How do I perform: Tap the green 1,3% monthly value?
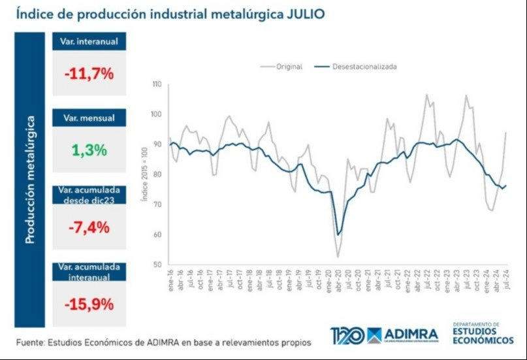[x=89, y=150]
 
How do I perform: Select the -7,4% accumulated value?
[x=89, y=227]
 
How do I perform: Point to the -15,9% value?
[x=89, y=304]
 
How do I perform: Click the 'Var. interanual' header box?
[x=89, y=42]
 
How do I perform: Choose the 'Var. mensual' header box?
[x=89, y=118]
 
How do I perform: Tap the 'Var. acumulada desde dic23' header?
[x=89, y=195]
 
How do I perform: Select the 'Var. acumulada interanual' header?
[x=89, y=272]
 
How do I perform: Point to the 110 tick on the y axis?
[x=156, y=84]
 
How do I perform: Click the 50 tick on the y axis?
[x=157, y=265]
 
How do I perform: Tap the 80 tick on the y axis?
[x=157, y=174]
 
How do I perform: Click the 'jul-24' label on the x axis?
[x=507, y=282]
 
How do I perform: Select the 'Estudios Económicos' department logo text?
[x=483, y=334]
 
